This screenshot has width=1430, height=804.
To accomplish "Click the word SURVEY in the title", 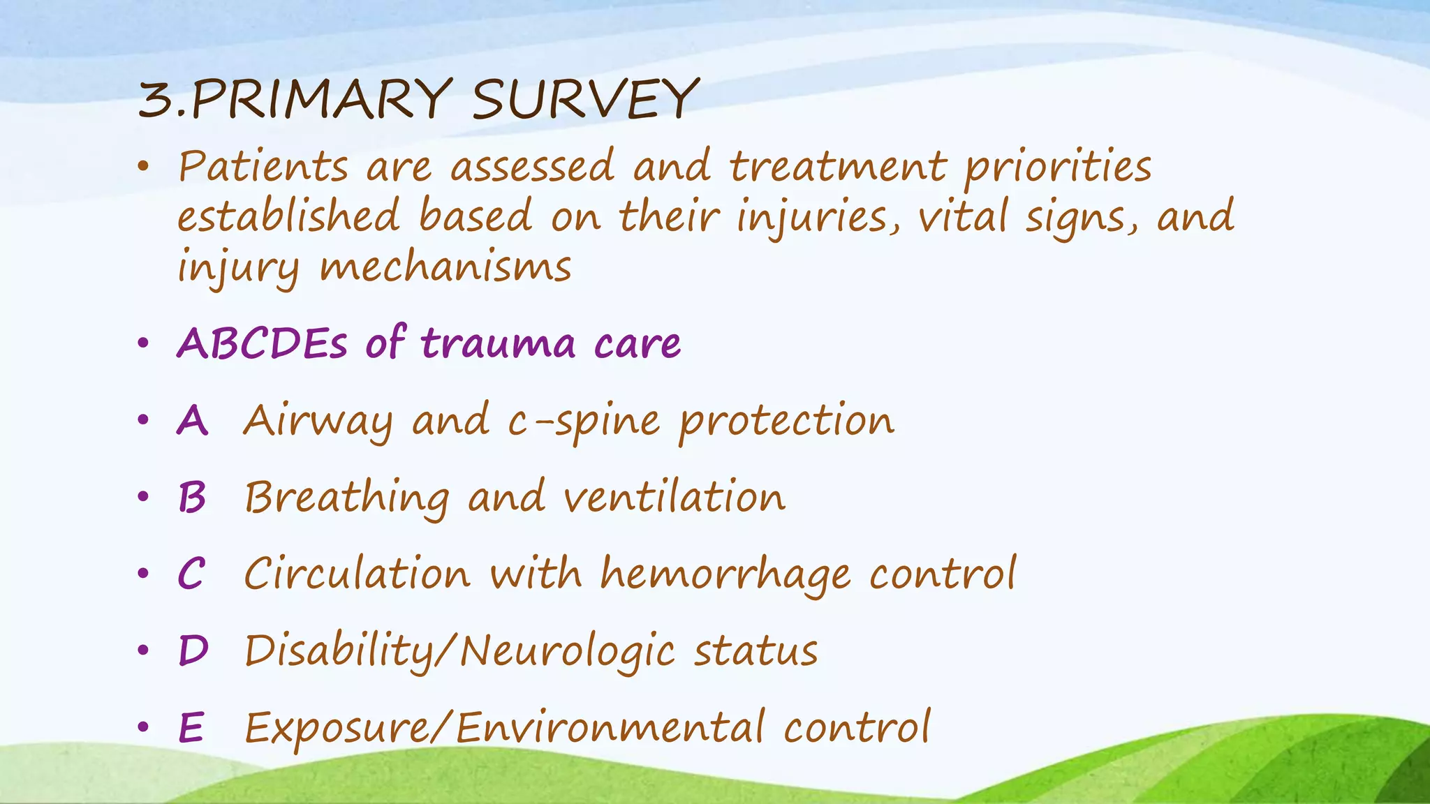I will (585, 100).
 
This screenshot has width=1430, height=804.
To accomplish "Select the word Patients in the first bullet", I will (263, 167).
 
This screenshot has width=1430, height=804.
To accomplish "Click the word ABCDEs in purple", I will (262, 343).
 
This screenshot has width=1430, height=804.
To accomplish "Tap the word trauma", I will (499, 343).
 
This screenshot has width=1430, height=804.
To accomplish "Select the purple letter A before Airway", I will (192, 421).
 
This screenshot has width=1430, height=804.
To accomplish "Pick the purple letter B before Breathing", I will (192, 498).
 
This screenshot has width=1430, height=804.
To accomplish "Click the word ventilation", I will (675, 498).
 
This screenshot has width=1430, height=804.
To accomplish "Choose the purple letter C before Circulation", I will (191, 574).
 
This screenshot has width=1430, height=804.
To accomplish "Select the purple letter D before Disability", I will (193, 650).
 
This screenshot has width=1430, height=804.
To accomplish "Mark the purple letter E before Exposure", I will (191, 727).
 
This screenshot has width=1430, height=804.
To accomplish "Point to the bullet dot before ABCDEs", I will (143, 343).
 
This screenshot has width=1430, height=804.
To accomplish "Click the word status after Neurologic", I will (755, 651).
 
